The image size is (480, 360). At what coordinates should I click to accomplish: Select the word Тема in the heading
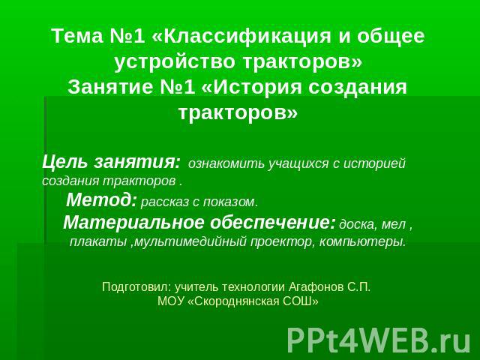coord(78,36)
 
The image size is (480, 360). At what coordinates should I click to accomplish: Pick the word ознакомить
coord(226,163)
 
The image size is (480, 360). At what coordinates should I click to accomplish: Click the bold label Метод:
coord(101,200)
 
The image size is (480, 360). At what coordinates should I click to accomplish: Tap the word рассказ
coord(165,202)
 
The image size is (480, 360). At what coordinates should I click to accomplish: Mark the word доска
coord(358,225)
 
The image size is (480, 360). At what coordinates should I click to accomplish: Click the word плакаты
coord(98,242)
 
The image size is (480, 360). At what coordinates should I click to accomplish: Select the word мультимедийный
coord(190,242)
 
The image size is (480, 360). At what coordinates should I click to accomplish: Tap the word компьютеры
coord(363,242)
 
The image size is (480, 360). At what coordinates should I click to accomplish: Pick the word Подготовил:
coord(136,287)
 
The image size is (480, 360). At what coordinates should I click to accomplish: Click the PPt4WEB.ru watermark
coord(379,340)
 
